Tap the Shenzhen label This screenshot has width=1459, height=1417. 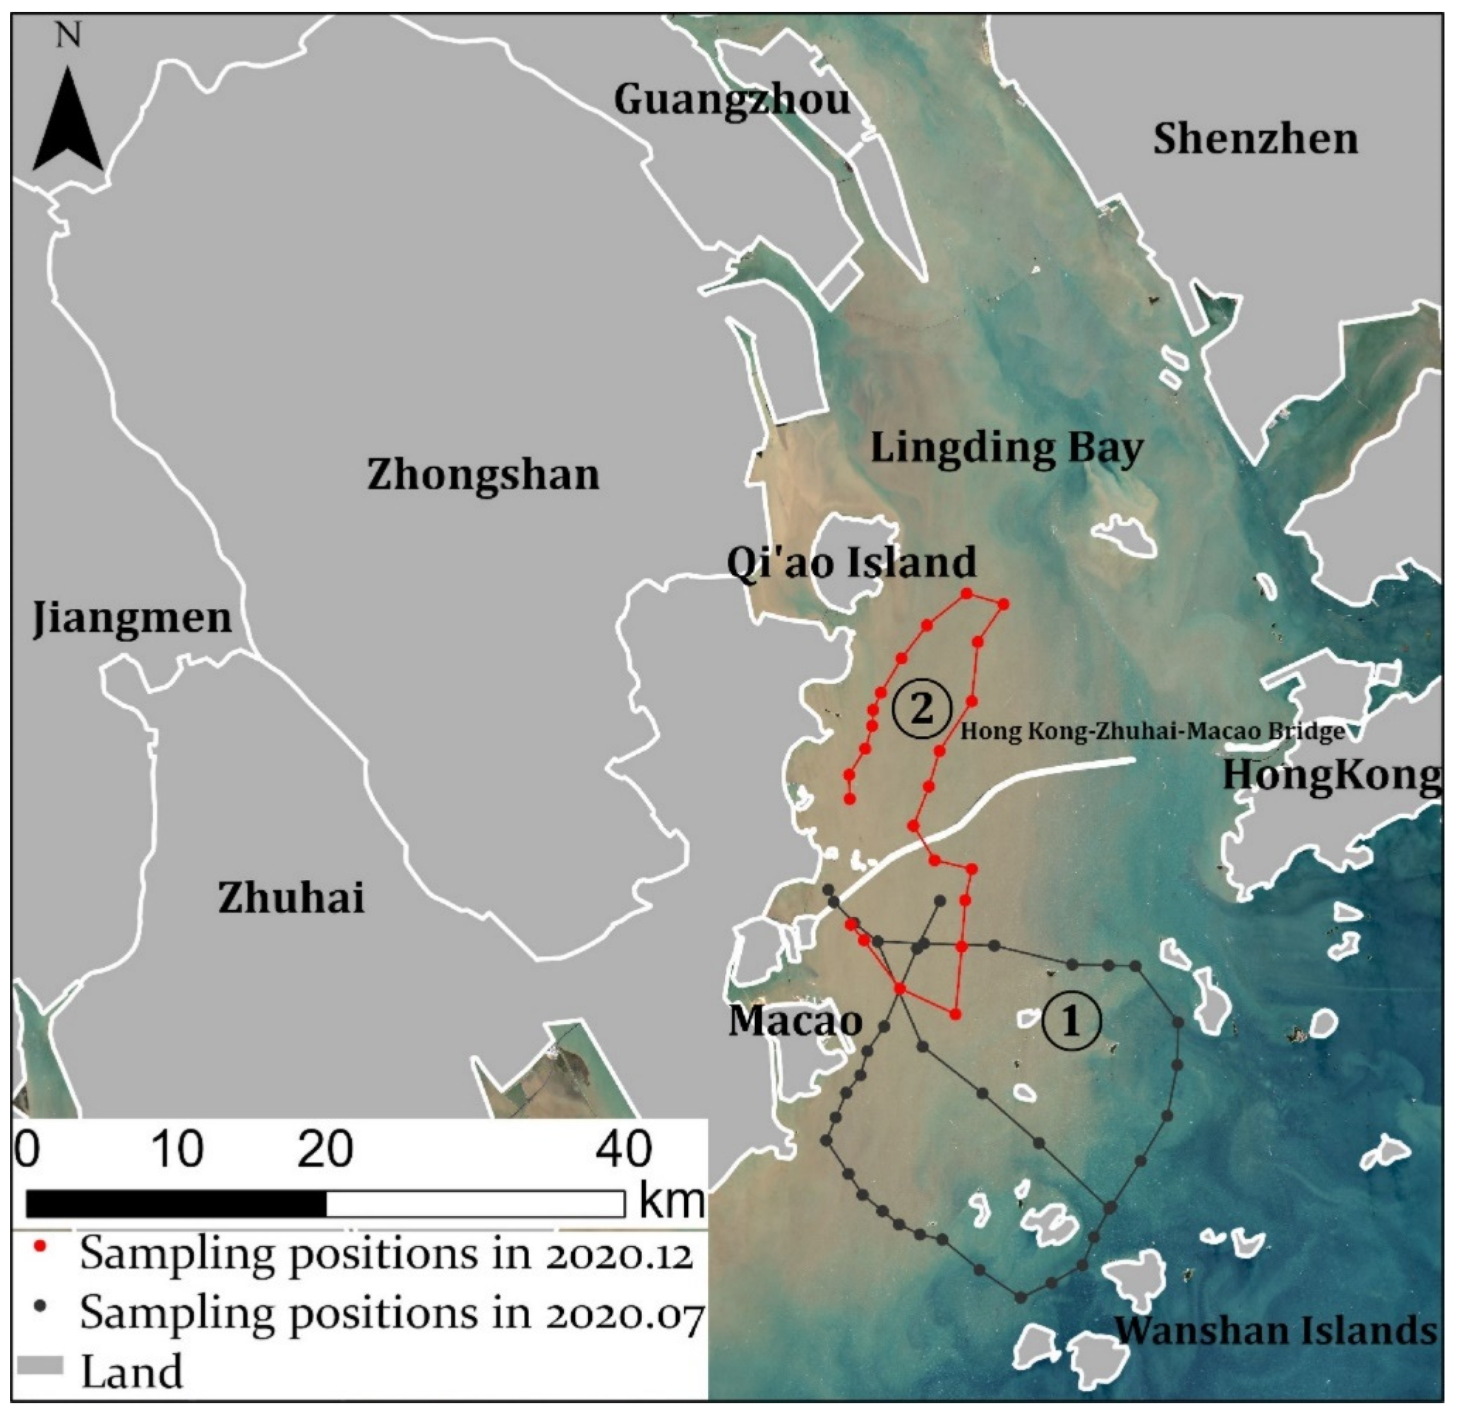coord(1255,139)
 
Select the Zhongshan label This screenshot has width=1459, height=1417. coord(483,475)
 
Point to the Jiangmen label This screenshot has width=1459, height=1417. coord(132,618)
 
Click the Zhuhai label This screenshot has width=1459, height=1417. coord(291,897)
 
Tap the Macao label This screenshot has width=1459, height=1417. coord(795,1020)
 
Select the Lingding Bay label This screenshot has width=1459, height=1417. coord(1006,449)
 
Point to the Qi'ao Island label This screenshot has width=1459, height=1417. coord(851,562)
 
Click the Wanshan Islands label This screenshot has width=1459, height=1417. coord(1276,1330)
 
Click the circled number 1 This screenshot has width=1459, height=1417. coord(1071,1021)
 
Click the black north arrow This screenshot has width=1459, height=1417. coord(68,123)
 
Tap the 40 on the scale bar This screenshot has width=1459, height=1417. coord(624,1149)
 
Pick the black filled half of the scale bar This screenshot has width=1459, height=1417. coord(176,1203)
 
